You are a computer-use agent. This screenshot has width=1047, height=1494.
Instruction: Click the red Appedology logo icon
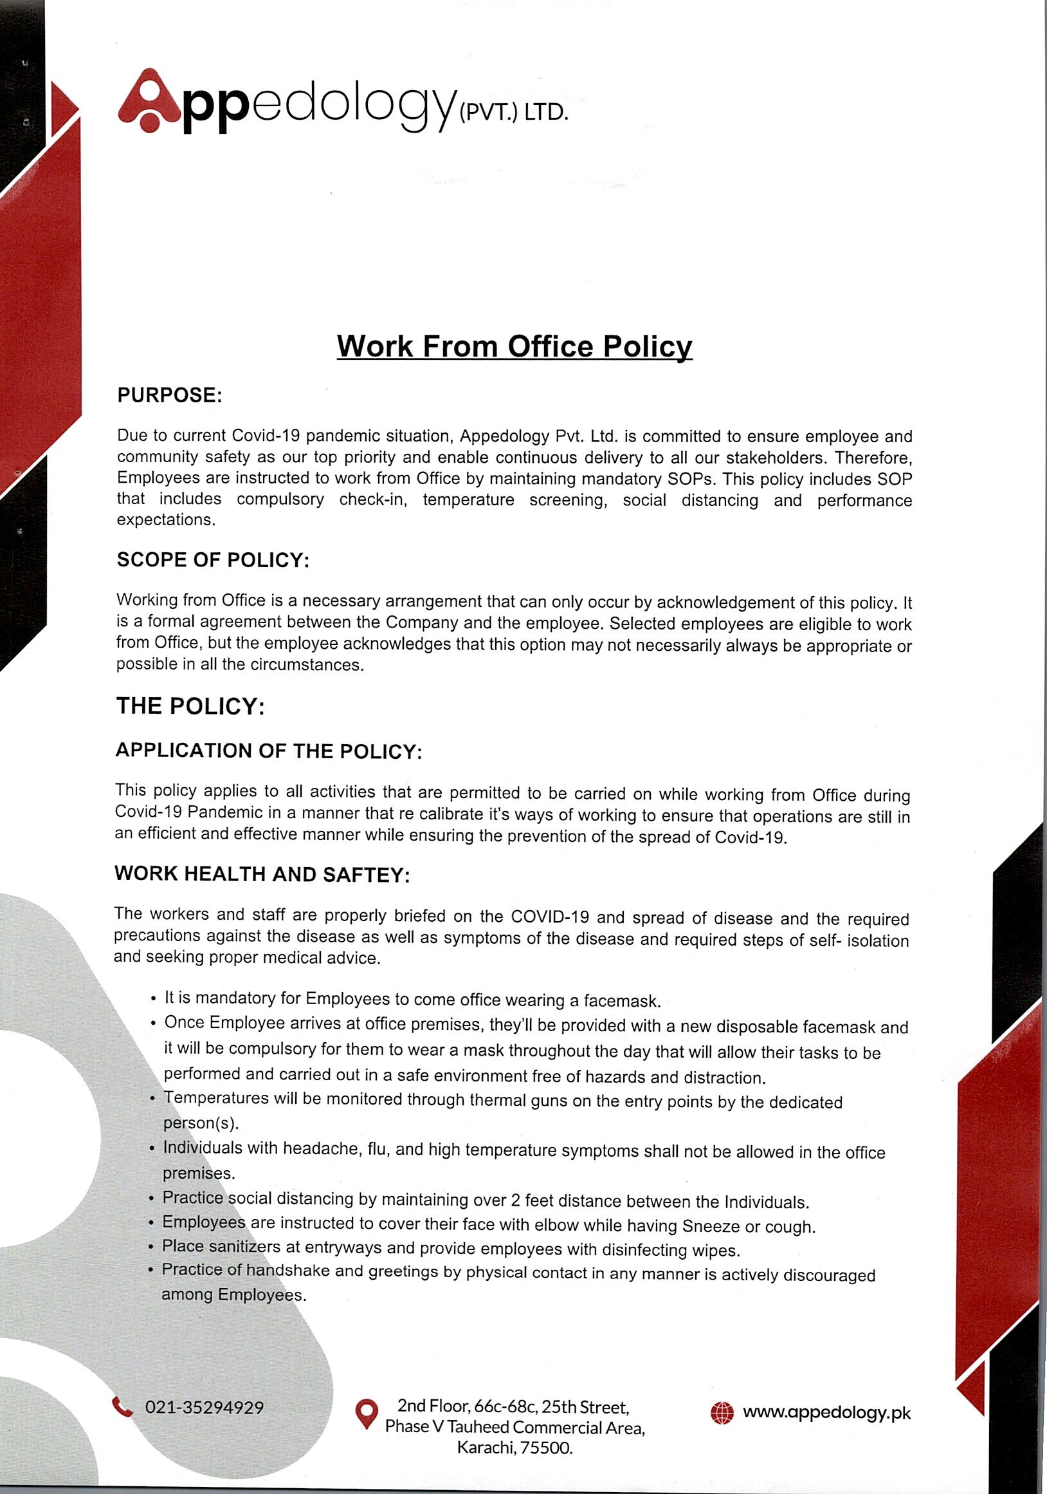(149, 101)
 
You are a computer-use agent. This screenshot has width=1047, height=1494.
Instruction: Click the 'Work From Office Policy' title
(514, 347)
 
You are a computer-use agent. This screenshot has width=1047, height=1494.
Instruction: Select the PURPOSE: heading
(170, 395)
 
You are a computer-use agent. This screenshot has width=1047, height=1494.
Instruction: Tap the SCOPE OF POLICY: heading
(213, 560)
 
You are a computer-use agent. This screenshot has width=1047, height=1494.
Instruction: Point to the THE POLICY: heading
(190, 707)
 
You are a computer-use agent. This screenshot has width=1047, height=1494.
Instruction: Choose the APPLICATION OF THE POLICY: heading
(269, 752)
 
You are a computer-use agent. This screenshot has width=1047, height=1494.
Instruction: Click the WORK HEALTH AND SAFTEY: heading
(262, 875)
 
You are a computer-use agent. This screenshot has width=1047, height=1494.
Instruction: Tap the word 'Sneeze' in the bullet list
(711, 1227)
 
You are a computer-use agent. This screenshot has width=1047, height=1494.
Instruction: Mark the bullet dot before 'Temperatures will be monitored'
(152, 1100)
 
